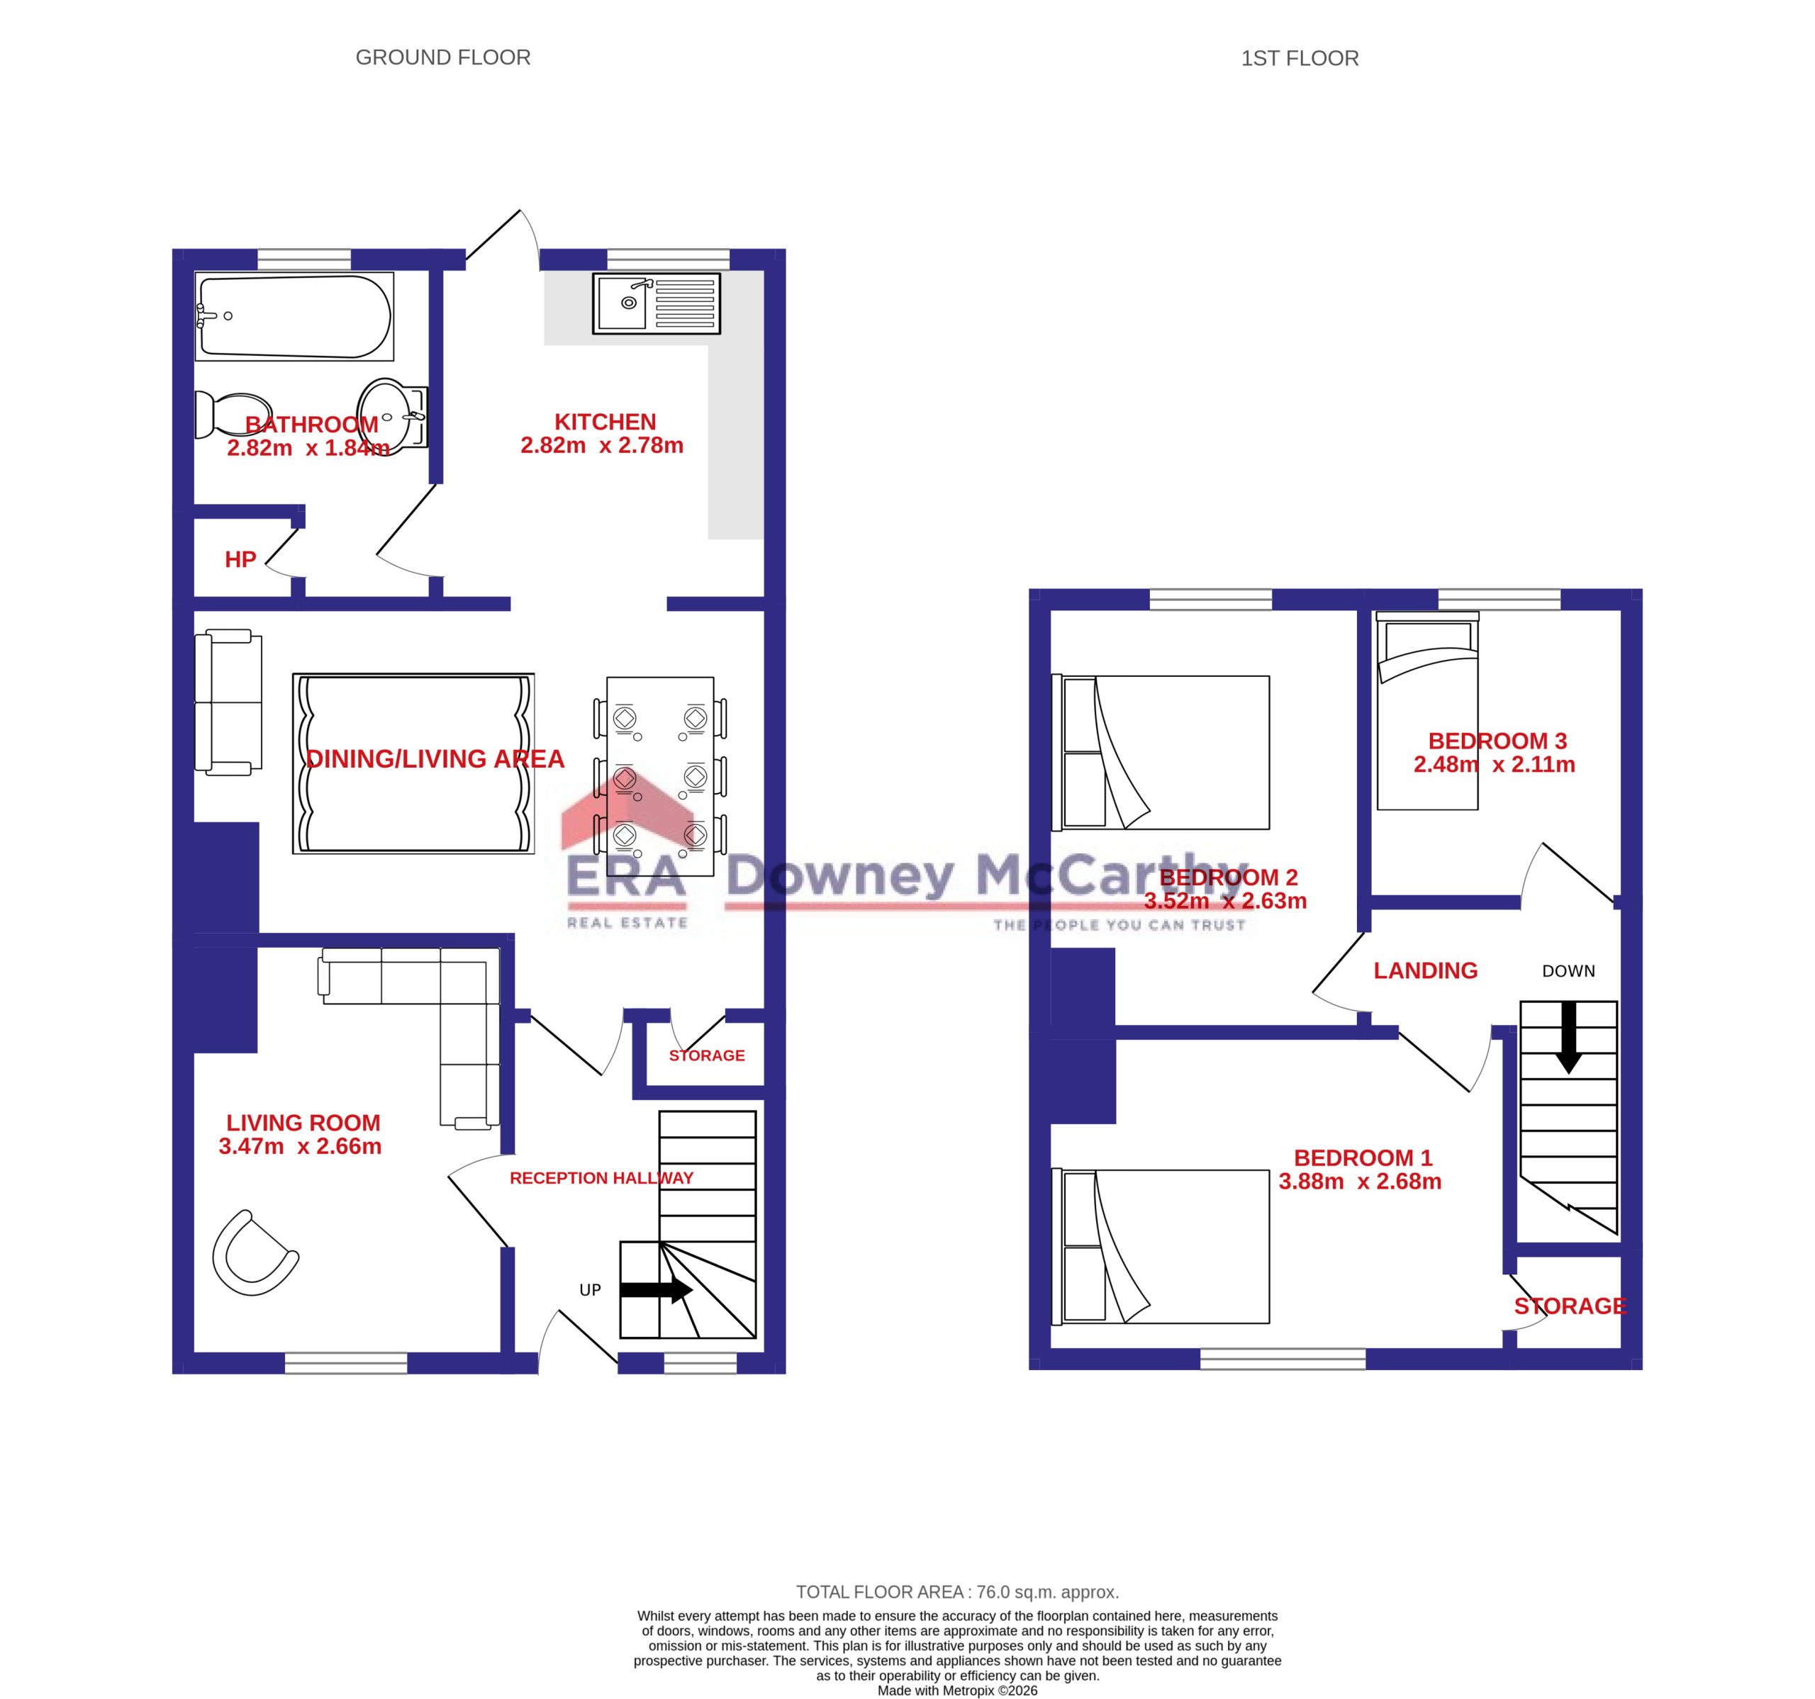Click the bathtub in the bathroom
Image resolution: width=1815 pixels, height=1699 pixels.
click(x=294, y=316)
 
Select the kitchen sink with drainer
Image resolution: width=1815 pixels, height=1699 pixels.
click(x=657, y=303)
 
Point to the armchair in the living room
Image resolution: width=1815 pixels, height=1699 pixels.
click(x=255, y=1252)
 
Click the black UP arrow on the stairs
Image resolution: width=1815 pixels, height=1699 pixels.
click(x=657, y=1290)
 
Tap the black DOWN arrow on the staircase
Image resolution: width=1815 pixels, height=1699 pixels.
click(x=1568, y=1037)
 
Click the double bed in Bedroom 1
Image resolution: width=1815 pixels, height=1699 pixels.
click(x=1161, y=1246)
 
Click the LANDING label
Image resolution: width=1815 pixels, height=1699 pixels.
click(x=1425, y=970)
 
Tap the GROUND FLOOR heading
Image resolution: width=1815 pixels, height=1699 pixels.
click(x=443, y=57)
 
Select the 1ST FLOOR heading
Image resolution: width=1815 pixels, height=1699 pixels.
click(x=1299, y=58)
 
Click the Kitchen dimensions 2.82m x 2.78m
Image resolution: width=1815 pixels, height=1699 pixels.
click(x=602, y=446)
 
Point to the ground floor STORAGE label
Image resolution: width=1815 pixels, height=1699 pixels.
click(x=707, y=1055)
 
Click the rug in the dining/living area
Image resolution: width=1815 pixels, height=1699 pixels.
click(x=413, y=764)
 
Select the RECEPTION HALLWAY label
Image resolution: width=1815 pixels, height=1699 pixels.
click(x=602, y=1178)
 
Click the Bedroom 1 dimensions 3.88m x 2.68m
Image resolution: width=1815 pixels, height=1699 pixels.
click(x=1359, y=1182)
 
